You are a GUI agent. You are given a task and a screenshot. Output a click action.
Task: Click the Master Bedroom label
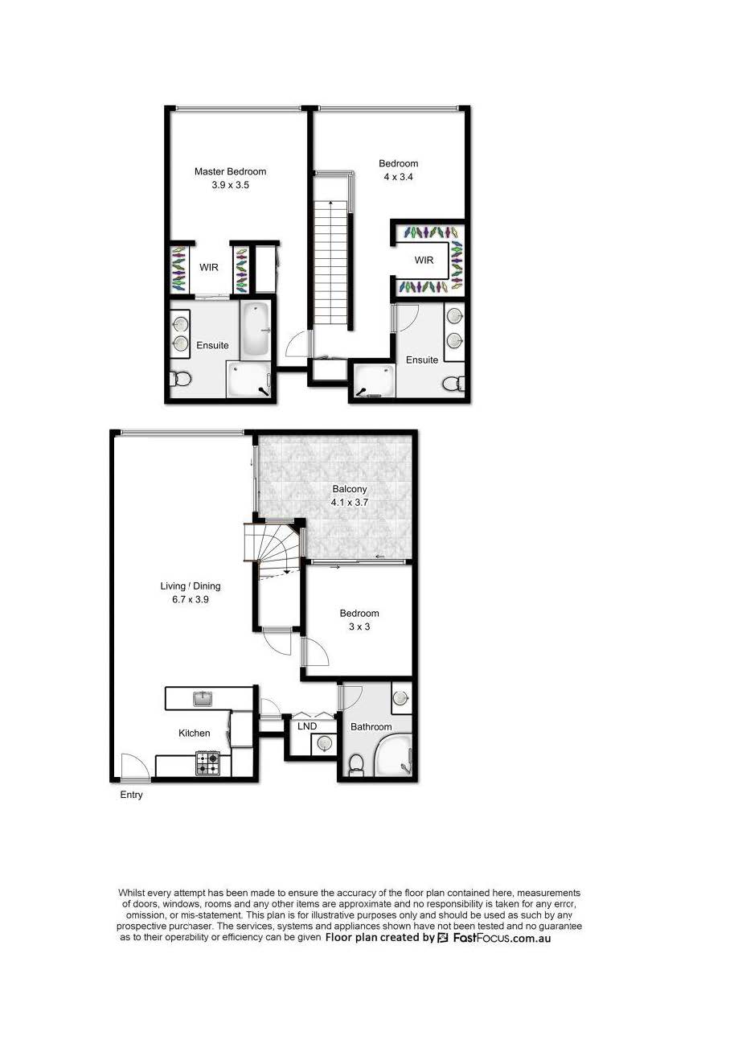coord(230,171)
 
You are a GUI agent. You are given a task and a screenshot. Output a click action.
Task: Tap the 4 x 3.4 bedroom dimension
coord(398,177)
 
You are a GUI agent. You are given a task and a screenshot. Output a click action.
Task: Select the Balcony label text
coord(350,489)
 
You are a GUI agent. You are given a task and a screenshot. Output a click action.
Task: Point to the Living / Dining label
coord(190,586)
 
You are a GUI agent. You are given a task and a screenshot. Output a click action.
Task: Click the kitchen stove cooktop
coord(207,763)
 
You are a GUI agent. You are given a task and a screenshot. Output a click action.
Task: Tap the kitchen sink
coord(203,699)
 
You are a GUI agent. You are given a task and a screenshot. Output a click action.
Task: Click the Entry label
coord(131,795)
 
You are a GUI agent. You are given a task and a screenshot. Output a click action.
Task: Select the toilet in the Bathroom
coord(356,765)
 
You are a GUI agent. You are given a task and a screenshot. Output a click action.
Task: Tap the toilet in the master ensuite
coord(180,379)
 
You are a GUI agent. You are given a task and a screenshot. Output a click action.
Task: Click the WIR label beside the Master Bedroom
coord(209,268)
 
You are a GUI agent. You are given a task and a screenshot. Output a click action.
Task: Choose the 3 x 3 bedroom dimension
coord(359,627)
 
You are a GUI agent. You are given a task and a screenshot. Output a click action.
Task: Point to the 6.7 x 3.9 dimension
coord(190,599)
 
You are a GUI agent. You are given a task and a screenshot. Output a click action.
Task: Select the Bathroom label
coord(371,726)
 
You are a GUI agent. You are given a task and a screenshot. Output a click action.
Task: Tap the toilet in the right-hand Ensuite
coord(453,384)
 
